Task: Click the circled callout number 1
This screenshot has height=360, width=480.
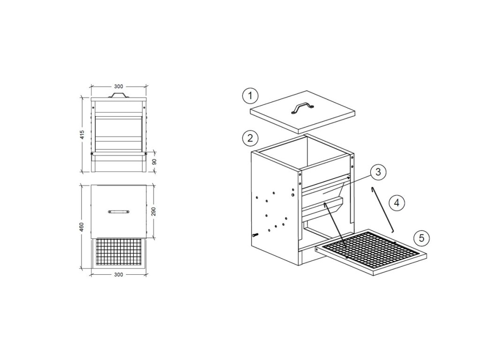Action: tap(250, 97)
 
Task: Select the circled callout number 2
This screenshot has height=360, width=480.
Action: tap(250, 138)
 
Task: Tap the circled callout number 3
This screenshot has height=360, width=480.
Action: tap(378, 172)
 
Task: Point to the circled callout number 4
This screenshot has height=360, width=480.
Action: tap(397, 203)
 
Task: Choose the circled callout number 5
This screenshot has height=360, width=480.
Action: tap(421, 238)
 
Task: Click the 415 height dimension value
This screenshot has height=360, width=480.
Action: tap(82, 135)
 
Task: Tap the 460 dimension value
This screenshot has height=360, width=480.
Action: tap(82, 227)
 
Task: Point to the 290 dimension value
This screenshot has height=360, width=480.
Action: tap(154, 211)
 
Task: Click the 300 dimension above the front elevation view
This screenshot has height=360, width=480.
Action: tap(119, 86)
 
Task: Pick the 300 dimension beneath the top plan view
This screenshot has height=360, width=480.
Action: tap(119, 275)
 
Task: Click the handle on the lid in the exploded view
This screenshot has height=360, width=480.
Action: tap(300, 108)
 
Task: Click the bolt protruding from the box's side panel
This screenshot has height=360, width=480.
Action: tap(255, 235)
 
